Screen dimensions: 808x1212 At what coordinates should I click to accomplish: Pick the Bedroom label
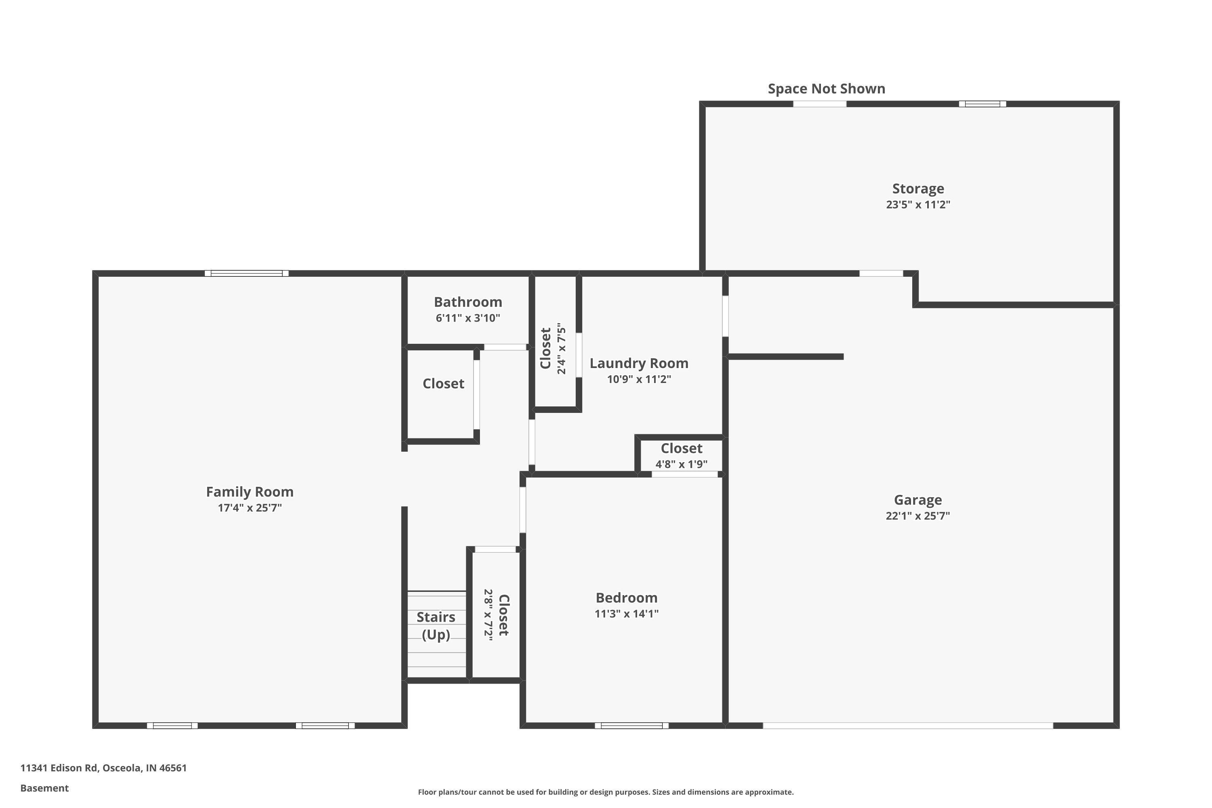coord(626,598)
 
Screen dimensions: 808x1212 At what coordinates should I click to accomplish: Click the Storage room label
coord(918,189)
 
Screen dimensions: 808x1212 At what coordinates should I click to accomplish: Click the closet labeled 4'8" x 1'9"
coord(681,449)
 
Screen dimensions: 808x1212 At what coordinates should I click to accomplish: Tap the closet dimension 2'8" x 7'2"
coord(488,615)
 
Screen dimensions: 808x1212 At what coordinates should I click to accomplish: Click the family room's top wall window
coord(246,274)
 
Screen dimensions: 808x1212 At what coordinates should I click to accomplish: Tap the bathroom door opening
coord(505,347)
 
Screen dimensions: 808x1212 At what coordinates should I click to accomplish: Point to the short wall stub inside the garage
coord(785,357)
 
